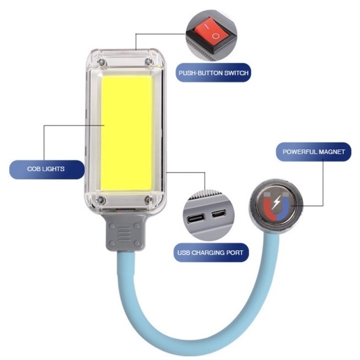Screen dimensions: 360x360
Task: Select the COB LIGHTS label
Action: tap(46, 169)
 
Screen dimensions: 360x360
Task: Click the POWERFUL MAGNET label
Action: tap(313, 151)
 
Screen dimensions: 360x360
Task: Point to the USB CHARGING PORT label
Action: tap(210, 252)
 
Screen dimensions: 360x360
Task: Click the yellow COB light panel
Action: tap(127, 132)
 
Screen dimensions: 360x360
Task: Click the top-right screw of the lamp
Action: tap(148, 61)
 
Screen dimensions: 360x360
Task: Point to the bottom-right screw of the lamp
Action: tap(148, 199)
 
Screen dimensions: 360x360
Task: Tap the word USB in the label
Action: tap(184, 252)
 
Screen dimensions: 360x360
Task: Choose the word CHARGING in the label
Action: tap(207, 252)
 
